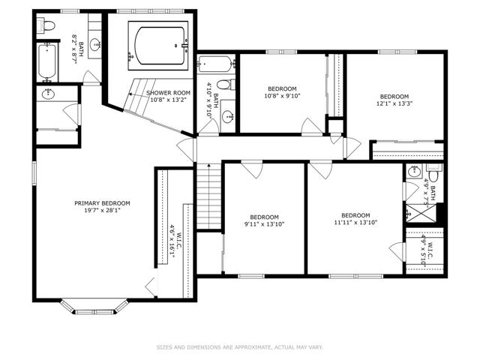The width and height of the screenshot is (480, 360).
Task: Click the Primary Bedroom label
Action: click(x=102, y=203)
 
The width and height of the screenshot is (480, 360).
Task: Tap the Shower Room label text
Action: click(x=168, y=93)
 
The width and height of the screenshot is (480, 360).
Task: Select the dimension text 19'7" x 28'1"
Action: click(x=102, y=210)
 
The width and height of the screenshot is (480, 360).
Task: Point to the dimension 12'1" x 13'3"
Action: click(x=394, y=103)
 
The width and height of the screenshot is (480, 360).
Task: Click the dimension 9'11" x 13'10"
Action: click(x=264, y=224)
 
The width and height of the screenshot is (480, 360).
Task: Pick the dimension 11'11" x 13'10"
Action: click(x=355, y=223)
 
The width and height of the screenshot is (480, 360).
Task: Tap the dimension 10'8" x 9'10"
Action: click(x=282, y=96)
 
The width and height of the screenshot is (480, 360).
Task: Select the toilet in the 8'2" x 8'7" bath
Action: click(x=46, y=25)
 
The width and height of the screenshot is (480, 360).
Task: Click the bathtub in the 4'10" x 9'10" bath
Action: click(x=216, y=64)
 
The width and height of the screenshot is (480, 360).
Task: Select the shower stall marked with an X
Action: click(x=421, y=213)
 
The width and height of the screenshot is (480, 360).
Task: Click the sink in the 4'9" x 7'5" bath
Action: click(x=415, y=170)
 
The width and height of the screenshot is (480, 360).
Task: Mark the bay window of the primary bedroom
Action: click(x=94, y=307)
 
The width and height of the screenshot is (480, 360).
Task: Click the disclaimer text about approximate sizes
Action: click(x=240, y=347)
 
